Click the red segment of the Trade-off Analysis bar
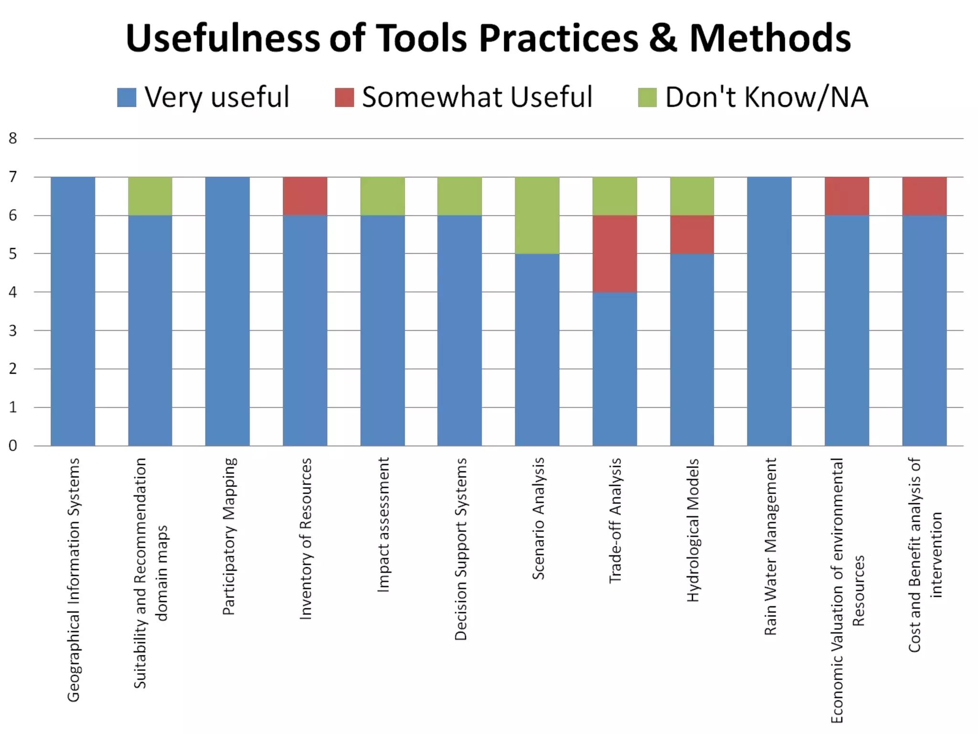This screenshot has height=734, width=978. tap(615, 253)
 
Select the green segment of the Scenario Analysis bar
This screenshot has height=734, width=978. tap(537, 215)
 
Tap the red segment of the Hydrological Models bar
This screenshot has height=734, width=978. tap(692, 234)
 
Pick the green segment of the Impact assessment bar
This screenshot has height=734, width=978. tap(383, 196)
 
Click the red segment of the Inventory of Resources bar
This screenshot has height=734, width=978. tap(305, 196)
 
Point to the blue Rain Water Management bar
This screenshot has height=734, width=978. tap(769, 311)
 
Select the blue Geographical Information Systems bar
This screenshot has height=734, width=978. tap(73, 311)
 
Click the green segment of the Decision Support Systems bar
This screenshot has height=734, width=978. tap(459, 196)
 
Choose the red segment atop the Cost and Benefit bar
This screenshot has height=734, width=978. tap(924, 196)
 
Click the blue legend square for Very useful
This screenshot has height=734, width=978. tap(127, 97)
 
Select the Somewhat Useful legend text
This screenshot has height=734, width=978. tap(477, 97)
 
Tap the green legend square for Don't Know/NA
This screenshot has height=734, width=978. tap(647, 97)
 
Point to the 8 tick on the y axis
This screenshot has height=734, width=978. tap(13, 139)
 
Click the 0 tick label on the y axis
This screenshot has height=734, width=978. tap(13, 446)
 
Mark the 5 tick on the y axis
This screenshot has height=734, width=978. tap(13, 254)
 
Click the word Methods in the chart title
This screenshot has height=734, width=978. tap(770, 38)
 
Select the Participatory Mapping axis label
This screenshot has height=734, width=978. tap(229, 536)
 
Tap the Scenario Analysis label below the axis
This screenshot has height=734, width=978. tap(538, 518)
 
